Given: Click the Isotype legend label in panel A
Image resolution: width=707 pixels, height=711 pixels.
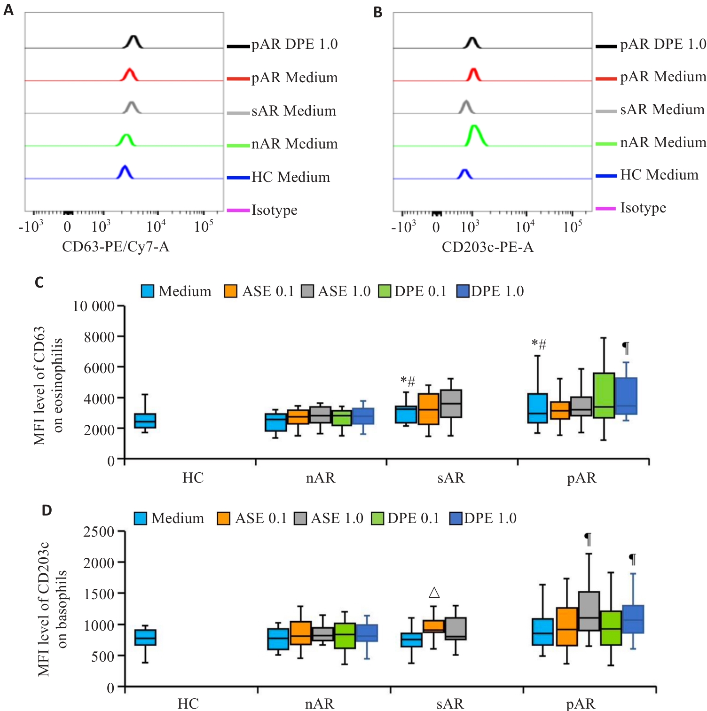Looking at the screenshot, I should pos(275,210).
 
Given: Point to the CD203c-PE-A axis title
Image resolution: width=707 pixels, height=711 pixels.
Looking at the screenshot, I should pos(487,247).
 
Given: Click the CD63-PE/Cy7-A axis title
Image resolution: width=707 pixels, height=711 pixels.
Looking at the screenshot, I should pos(116,247).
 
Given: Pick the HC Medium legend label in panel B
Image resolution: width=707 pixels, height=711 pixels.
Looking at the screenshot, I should pos(659,175).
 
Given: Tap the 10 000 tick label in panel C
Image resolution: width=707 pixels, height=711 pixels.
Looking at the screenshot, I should pos(94,306).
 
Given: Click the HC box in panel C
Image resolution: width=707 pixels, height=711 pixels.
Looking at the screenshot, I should pos(145,421).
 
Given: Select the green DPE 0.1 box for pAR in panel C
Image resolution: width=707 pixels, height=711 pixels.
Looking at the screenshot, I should pos(604,395).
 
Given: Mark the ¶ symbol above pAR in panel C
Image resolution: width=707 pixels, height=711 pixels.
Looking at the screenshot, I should pos(626,348).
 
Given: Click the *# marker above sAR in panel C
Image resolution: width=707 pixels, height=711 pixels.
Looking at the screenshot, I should pos(408,381).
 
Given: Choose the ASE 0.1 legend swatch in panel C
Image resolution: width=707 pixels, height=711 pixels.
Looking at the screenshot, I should pos(230,291).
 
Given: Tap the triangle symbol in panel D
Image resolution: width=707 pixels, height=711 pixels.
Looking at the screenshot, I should pos(434,592).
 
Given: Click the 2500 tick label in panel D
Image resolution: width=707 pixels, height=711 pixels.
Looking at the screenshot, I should pos(99,532).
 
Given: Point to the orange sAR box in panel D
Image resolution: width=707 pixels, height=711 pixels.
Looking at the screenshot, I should pos(433,626).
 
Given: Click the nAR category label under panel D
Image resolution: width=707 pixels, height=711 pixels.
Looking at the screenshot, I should pos(320,703).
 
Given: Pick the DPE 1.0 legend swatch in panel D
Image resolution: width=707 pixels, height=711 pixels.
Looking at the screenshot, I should pos(456,518).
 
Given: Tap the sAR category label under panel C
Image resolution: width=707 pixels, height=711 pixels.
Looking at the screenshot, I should pos(451,478).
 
